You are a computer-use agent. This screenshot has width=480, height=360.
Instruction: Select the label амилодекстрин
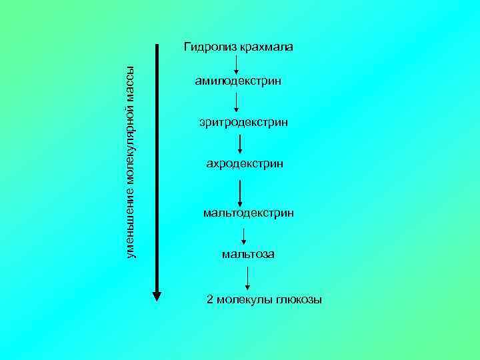tap(239, 82)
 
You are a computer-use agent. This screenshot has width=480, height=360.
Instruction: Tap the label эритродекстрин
tap(243, 123)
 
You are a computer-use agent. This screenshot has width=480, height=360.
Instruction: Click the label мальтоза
tap(248, 255)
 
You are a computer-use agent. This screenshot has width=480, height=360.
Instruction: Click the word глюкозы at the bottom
tap(299, 300)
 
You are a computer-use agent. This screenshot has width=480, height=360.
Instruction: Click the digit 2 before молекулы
tap(211, 300)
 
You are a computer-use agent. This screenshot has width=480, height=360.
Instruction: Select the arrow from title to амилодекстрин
tap(237, 65)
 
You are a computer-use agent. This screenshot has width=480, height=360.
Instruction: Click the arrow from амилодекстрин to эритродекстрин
tap(237, 103)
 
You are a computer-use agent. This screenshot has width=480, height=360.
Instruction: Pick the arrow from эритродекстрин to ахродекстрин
tap(241, 143)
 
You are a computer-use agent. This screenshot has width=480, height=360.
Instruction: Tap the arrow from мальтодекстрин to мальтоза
tap(244, 235)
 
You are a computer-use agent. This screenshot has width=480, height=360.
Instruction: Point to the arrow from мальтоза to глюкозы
tap(248, 278)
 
